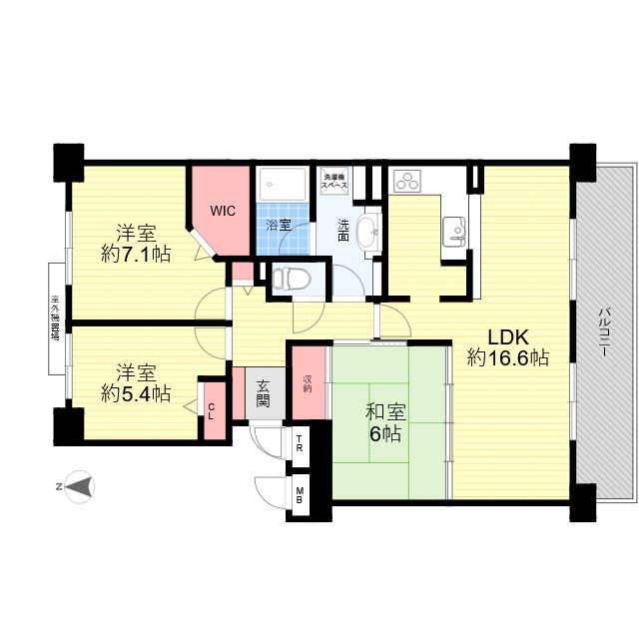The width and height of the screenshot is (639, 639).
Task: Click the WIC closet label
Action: click(x=221, y=211)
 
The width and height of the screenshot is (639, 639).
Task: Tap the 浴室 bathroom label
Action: click(x=279, y=225)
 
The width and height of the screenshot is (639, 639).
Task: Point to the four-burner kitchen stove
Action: click(x=407, y=182)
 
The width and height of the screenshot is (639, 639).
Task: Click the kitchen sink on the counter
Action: click(x=454, y=232)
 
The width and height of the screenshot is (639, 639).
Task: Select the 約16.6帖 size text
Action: click(x=508, y=357)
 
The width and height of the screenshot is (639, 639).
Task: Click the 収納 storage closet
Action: click(x=309, y=381)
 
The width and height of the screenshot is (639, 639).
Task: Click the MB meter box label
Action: click(x=300, y=493)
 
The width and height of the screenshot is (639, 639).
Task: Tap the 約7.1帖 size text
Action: click(x=135, y=254)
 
